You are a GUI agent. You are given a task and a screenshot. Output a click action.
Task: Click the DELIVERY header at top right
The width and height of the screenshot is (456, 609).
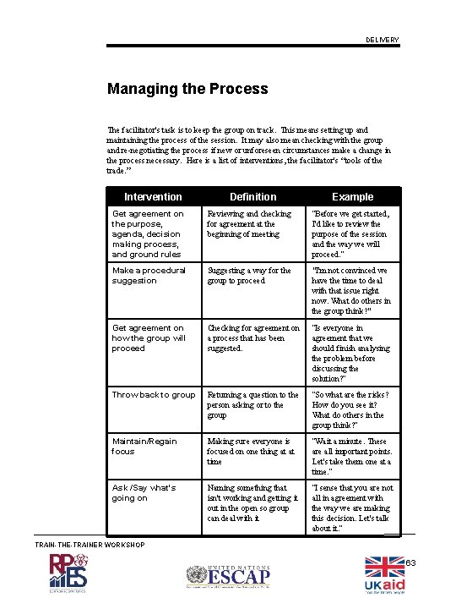[x=383, y=41]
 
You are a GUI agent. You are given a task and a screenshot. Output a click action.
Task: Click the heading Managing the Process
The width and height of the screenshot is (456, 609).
[x=187, y=89]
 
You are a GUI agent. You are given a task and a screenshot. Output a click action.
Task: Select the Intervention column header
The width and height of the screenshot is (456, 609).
[x=153, y=196]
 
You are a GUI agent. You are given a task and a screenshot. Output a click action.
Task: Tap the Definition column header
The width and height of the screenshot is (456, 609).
[x=252, y=196]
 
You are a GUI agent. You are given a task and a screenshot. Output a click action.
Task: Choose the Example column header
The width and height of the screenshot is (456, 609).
[x=352, y=196]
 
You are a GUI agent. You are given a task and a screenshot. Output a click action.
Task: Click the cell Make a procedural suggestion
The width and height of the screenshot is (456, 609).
[x=149, y=276]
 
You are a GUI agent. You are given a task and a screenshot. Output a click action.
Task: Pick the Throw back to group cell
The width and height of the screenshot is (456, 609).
[x=154, y=395]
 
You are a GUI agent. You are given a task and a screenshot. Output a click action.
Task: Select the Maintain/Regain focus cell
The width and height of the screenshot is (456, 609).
[x=144, y=447]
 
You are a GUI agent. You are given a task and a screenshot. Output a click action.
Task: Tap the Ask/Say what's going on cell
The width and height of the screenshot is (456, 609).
[x=144, y=493]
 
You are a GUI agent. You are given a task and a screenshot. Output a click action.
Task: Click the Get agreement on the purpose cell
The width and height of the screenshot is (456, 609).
[x=149, y=234]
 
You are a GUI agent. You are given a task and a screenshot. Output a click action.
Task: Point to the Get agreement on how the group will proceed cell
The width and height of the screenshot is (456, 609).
[x=149, y=338]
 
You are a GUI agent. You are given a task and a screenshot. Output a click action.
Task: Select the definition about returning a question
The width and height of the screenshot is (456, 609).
[x=252, y=405]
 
